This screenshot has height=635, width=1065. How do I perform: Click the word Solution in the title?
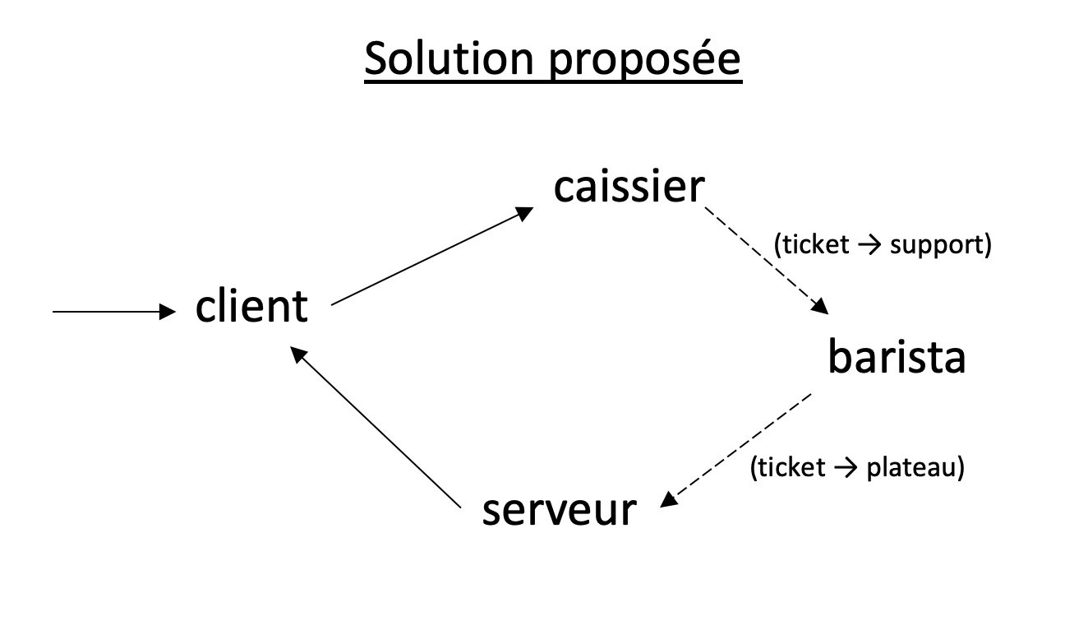pyautogui.click(x=449, y=59)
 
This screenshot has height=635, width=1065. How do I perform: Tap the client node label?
pyautogui.click(x=251, y=306)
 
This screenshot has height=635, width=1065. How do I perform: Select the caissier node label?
pyautogui.click(x=629, y=186)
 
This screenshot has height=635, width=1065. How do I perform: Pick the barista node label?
pyautogui.click(x=897, y=356)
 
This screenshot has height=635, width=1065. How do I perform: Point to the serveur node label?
pyautogui.click(x=559, y=511)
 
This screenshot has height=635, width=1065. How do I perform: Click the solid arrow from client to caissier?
pyautogui.click(x=432, y=256)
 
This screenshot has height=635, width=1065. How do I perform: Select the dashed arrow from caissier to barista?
pyautogui.click(x=767, y=261)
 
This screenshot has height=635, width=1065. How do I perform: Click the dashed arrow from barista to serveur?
pyautogui.click(x=735, y=450)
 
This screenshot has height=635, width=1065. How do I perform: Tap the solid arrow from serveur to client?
pyautogui.click(x=375, y=427)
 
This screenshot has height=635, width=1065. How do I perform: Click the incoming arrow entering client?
pyautogui.click(x=114, y=312)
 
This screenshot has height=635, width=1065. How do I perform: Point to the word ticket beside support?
pyautogui.click(x=815, y=244)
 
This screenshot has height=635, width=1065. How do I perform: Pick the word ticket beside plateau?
pyautogui.click(x=791, y=467)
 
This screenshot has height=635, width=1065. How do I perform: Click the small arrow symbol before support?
pyautogui.click(x=869, y=246)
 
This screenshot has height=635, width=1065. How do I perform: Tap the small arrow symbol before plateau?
pyautogui.click(x=846, y=468)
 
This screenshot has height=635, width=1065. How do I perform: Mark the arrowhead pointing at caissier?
pyautogui.click(x=525, y=213)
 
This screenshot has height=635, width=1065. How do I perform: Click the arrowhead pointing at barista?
pyautogui.click(x=820, y=307)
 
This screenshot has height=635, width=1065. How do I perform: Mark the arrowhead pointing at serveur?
pyautogui.click(x=668, y=500)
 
